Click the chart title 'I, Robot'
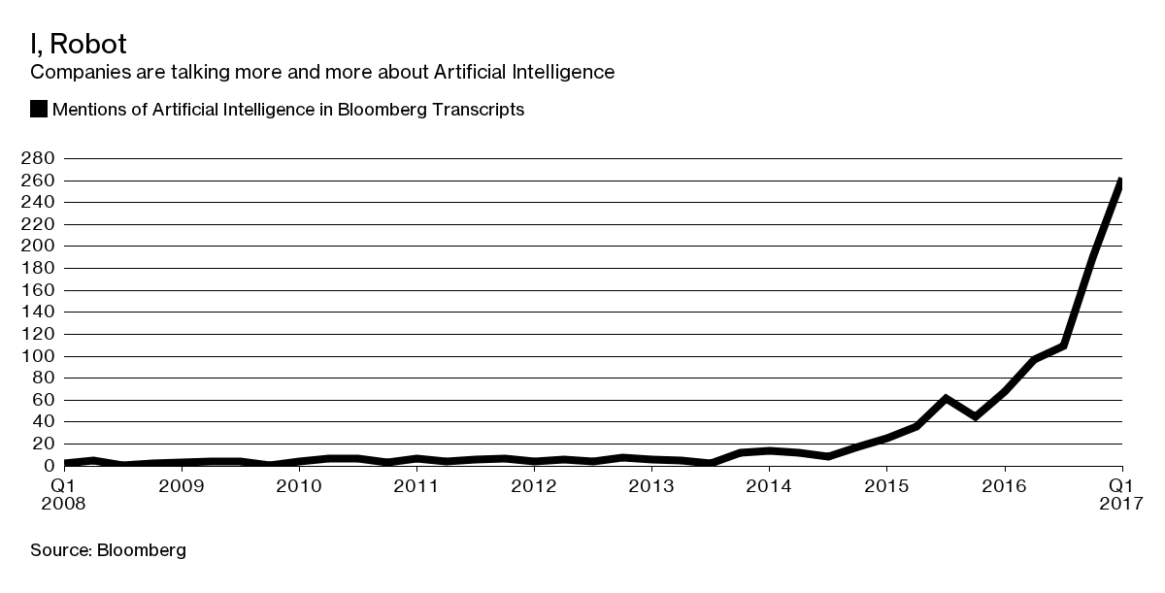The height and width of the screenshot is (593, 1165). pos(79,45)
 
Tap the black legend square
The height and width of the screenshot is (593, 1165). pos(39,110)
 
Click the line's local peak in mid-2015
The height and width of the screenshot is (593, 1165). pos(946,398)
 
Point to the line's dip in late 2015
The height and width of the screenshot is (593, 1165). pos(975,416)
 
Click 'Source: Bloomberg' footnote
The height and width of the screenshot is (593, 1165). pos(108,550)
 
